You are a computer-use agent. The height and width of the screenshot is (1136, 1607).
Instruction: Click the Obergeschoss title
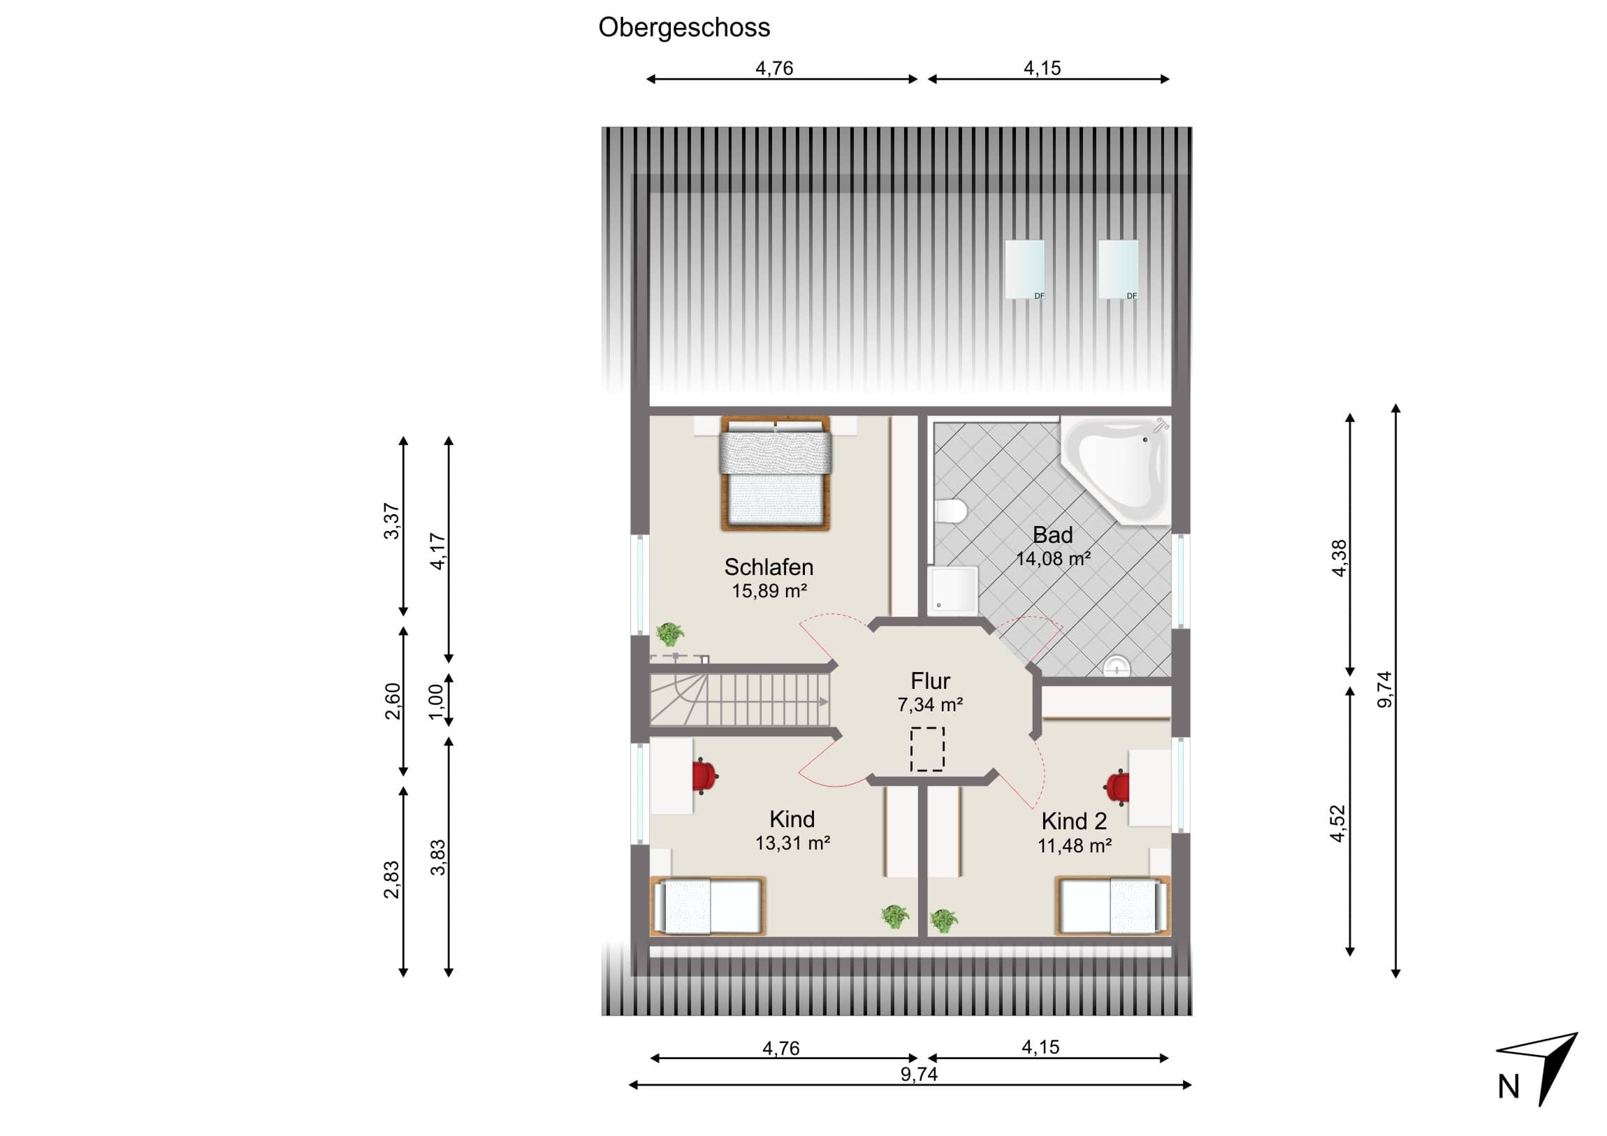[684, 28]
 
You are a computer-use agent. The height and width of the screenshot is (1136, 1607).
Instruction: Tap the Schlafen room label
[769, 567]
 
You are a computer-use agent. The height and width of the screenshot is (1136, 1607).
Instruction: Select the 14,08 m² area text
[1053, 559]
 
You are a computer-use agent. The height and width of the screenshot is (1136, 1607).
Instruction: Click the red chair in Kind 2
[1118, 787]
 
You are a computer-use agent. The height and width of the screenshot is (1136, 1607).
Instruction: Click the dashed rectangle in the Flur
[927, 750]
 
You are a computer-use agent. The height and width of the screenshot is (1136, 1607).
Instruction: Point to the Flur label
[930, 681]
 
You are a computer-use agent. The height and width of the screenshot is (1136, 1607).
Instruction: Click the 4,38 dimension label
[1338, 558]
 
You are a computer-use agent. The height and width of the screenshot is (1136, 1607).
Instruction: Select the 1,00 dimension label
[436, 701]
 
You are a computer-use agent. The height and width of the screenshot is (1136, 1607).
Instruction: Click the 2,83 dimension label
[391, 880]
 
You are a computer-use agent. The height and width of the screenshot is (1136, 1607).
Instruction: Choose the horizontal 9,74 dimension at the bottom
[918, 1074]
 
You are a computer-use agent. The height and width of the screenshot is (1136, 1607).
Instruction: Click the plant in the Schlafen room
[670, 634]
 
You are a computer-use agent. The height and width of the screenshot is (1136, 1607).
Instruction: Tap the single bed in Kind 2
[1112, 906]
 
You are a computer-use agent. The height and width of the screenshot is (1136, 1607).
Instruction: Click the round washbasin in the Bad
[1117, 667]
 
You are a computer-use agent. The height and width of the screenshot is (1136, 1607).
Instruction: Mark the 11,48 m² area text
[1075, 846]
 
